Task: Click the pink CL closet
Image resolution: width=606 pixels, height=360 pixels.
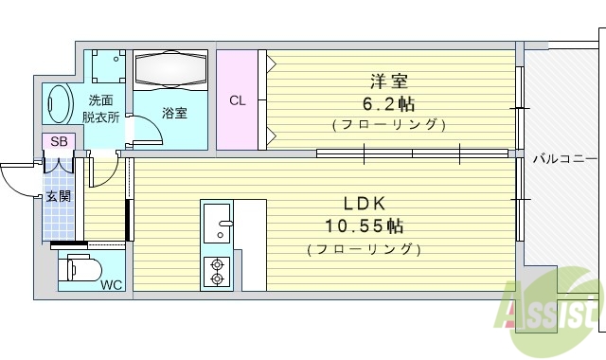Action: coord(238,99)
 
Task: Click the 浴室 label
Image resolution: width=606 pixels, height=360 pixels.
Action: coord(174,113)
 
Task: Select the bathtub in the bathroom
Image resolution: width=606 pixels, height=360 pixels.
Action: coord(170,71)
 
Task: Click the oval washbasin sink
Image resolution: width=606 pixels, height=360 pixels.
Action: coord(60,103)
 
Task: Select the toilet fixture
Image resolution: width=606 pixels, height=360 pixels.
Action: coord(81,268)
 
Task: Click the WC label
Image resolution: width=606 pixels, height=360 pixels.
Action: coord(111,284)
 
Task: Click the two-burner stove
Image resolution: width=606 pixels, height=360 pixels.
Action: coord(217,272)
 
